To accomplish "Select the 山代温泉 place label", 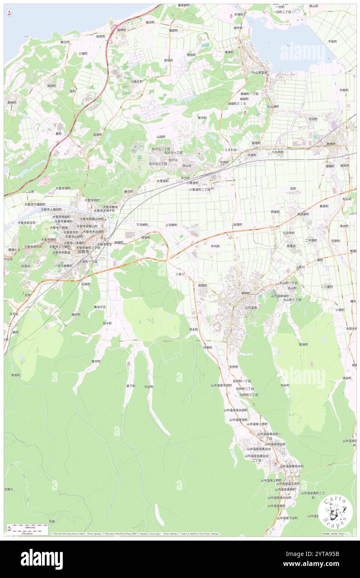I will (252, 307).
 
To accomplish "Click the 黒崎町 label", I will (11, 102).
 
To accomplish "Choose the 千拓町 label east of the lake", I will (332, 42).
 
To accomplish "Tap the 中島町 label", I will (344, 90).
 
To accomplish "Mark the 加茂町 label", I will (237, 225).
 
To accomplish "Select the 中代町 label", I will (215, 246).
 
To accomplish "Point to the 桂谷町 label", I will (285, 385).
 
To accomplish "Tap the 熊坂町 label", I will (15, 375).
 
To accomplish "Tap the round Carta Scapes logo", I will (335, 512).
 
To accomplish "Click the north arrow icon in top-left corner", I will (9, 13).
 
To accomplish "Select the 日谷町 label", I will (149, 386).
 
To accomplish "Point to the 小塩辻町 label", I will (136, 82).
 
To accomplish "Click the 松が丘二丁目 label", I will (160, 149).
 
